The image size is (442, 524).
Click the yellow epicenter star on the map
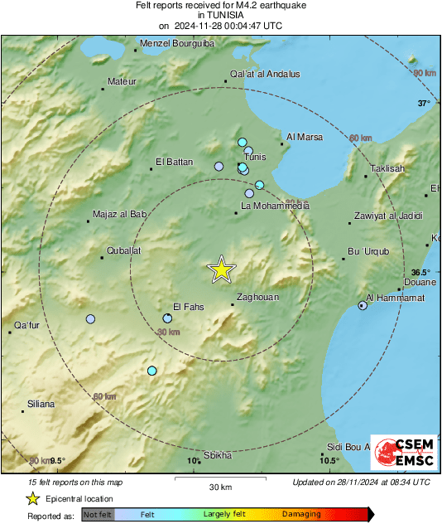[222, 269]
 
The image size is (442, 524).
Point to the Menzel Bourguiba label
[177, 43]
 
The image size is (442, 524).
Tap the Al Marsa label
[304, 137]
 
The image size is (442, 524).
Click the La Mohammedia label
[274, 205]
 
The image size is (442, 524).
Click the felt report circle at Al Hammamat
[363, 306]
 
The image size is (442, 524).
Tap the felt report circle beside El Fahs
[167, 318]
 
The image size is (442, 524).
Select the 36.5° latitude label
[421, 272]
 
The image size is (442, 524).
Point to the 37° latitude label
[424, 104]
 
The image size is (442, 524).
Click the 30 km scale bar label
[219, 487]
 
